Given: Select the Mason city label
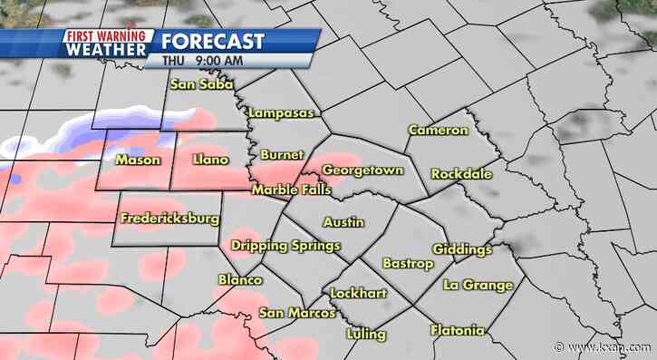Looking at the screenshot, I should point(138,161).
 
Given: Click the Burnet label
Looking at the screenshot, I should point(281,155).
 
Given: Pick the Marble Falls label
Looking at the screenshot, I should point(291,190).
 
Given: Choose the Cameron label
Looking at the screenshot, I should point(438,131).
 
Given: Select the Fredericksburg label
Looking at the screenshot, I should point(169,219).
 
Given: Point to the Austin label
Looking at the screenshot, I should point(343,221).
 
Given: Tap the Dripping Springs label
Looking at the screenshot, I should point(285,246).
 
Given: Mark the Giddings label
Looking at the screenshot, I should point(462,249).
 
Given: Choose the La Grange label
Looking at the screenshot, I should point(478,285).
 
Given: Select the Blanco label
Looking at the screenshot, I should point(240,280).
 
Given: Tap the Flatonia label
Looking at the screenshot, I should point(457,330).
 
